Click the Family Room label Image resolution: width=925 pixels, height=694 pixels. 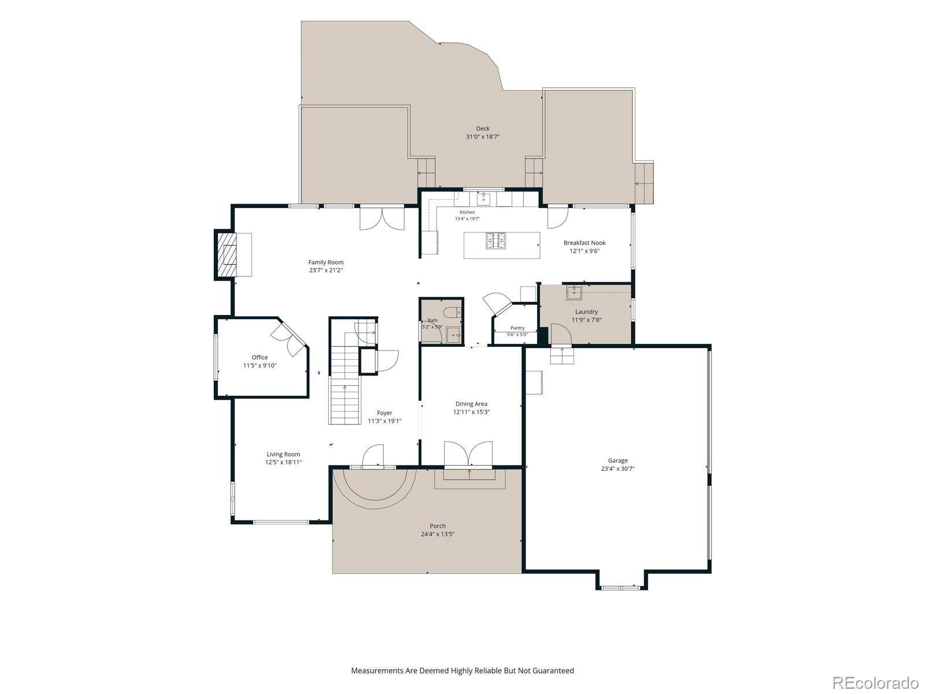click(x=325, y=262)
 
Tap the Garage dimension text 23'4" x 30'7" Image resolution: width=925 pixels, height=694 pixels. click(x=617, y=468)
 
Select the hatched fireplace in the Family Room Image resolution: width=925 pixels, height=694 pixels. click(x=227, y=254)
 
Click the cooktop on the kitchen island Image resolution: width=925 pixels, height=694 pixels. click(x=495, y=241)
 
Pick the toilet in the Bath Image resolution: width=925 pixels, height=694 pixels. click(x=453, y=312)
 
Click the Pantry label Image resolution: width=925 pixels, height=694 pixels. click(x=517, y=328)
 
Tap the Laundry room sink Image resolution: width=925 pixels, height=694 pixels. click(x=573, y=292)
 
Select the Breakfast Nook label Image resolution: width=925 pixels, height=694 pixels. click(x=584, y=243)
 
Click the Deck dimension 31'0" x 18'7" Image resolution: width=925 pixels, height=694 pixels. click(x=483, y=136)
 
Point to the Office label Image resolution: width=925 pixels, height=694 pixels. click(x=260, y=357)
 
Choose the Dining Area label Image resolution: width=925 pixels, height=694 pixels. click(x=471, y=404)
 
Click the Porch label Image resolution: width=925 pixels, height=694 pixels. click(x=438, y=526)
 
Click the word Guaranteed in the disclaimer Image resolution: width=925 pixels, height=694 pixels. click(x=553, y=670)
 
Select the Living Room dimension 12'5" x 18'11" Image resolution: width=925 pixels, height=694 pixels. click(x=283, y=462)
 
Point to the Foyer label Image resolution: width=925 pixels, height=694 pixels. click(x=384, y=413)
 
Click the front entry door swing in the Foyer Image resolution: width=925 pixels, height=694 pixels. click(x=372, y=455)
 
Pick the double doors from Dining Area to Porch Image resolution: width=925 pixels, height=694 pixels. click(x=468, y=454)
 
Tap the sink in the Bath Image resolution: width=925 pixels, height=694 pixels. click(x=453, y=335)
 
